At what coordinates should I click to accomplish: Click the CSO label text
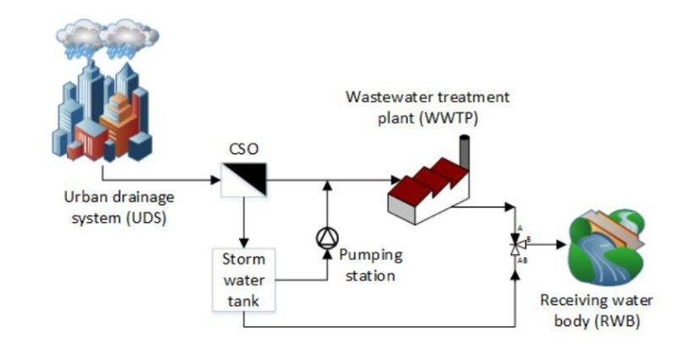coord(244,149)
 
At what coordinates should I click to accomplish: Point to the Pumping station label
coord(371,264)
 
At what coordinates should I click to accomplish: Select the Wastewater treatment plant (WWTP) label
coord(427,108)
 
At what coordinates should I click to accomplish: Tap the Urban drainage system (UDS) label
coord(119,208)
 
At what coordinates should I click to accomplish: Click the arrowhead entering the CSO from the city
coord(214,180)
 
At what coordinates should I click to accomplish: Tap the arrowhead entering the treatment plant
coord(396,180)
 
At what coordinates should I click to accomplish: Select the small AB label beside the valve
coord(524,260)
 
